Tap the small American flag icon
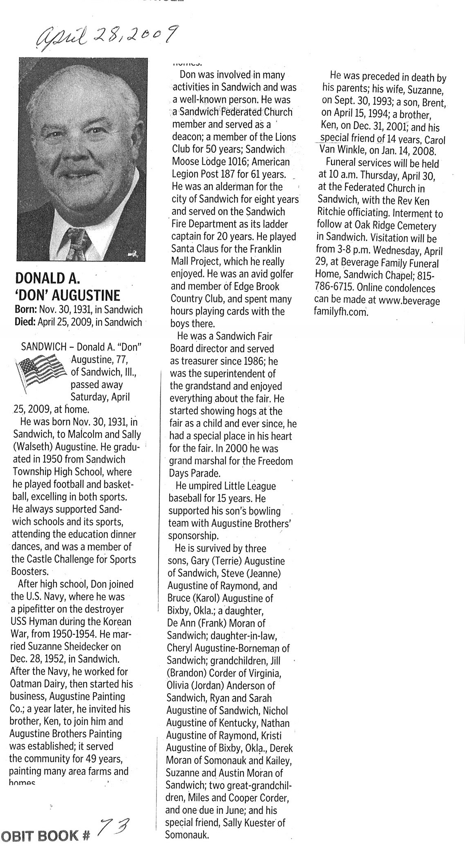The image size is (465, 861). coord(40,373)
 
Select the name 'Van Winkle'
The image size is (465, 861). coord(341,151)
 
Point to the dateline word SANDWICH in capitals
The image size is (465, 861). coord(43,347)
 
